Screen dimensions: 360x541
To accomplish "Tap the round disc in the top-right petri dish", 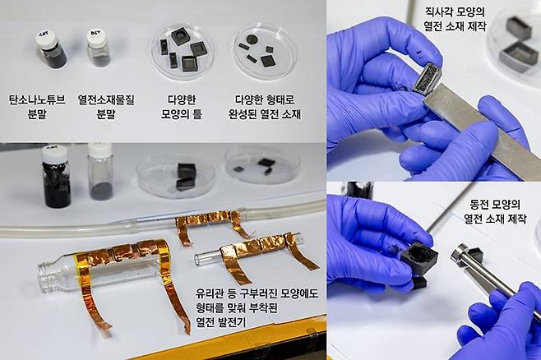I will pyautogui.click(x=252, y=38).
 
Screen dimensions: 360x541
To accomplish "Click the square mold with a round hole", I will pyautogui.click(x=180, y=35).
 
